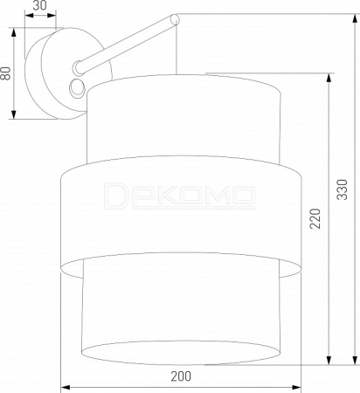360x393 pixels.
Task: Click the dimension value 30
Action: (39, 5)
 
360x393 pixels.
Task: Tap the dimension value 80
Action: (5, 73)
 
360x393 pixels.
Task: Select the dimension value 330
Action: (343, 190)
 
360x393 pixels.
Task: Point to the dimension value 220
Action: (315, 218)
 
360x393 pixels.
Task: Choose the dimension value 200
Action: (181, 376)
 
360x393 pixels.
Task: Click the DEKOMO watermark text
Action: (180, 196)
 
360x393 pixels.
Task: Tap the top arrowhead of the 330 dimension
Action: (355, 18)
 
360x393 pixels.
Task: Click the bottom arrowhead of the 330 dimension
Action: (355, 360)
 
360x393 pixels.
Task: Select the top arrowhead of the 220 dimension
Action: (329, 78)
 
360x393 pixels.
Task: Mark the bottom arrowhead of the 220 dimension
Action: (329, 360)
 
